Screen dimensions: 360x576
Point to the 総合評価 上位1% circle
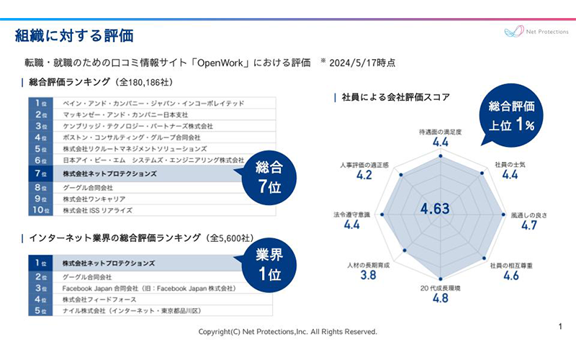coord(511,115)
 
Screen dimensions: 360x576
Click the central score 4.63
coord(436,209)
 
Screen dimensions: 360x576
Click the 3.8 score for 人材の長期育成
coord(368,275)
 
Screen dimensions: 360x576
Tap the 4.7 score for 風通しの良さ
coord(529,225)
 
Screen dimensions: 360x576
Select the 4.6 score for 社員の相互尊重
coord(511,275)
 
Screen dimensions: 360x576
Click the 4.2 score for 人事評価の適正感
coord(364,175)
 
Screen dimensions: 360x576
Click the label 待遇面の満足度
coord(441,132)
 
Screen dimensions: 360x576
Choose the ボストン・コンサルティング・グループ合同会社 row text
coord(132,137)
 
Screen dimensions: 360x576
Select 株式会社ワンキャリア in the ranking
coord(94,198)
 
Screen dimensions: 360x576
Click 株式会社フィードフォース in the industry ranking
coord(99,300)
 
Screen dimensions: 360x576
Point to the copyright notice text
coord(288,332)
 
